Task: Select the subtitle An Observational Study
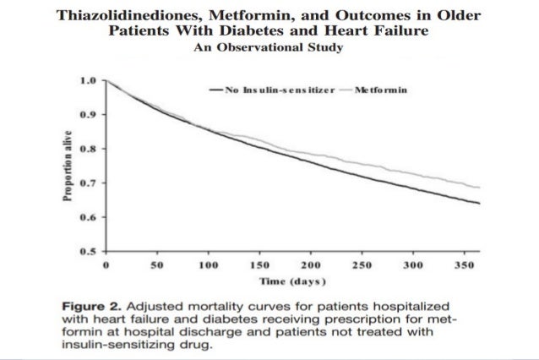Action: (x=268, y=48)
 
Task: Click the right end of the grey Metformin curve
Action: (x=479, y=187)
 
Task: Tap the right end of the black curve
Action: (x=479, y=203)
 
